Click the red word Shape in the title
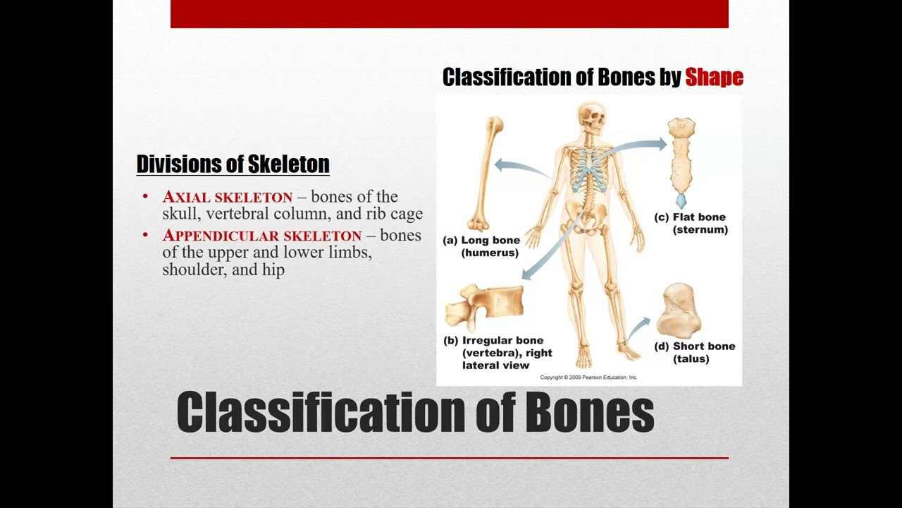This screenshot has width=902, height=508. click(x=714, y=77)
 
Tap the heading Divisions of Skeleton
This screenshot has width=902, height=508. click(x=233, y=164)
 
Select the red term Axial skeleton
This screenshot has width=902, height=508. click(x=228, y=197)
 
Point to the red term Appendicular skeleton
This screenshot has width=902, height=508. click(x=262, y=236)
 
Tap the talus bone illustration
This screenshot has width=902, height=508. click(x=678, y=310)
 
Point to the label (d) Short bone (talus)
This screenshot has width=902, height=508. click(x=694, y=352)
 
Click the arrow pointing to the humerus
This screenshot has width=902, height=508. click(x=521, y=168)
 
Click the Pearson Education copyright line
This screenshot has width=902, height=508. click(x=588, y=377)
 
